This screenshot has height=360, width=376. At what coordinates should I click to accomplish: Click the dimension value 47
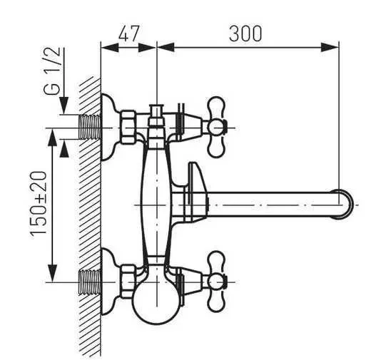click(128, 33)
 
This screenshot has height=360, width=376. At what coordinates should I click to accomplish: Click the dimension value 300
click(245, 33)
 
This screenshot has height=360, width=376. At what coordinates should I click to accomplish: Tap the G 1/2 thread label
click(52, 71)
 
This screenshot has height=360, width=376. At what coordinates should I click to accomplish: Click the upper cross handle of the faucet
click(216, 127)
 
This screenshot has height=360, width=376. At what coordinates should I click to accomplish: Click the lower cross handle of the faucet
click(216, 282)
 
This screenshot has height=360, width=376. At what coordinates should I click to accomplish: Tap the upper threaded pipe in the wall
click(89, 127)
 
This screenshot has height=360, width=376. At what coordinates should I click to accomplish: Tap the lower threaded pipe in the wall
click(89, 282)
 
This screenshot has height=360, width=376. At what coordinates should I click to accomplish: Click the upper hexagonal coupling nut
click(128, 127)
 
